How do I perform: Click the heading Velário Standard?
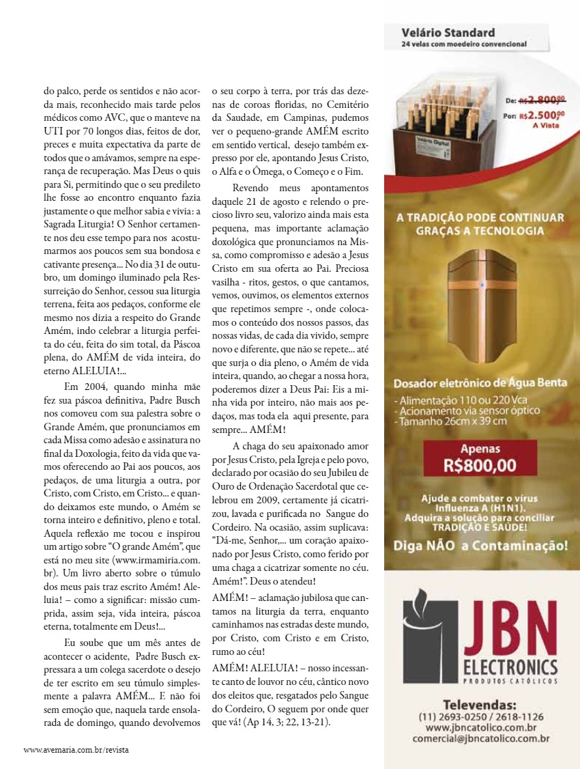coord(448,33)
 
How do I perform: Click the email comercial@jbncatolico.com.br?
coord(480,738)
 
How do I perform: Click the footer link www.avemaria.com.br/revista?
coord(76,749)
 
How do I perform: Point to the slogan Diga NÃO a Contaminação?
coord(480,546)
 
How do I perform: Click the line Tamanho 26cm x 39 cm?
coord(450,421)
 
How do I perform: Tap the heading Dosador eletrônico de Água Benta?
coord(480,382)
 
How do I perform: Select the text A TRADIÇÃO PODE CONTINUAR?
coord(480,218)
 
